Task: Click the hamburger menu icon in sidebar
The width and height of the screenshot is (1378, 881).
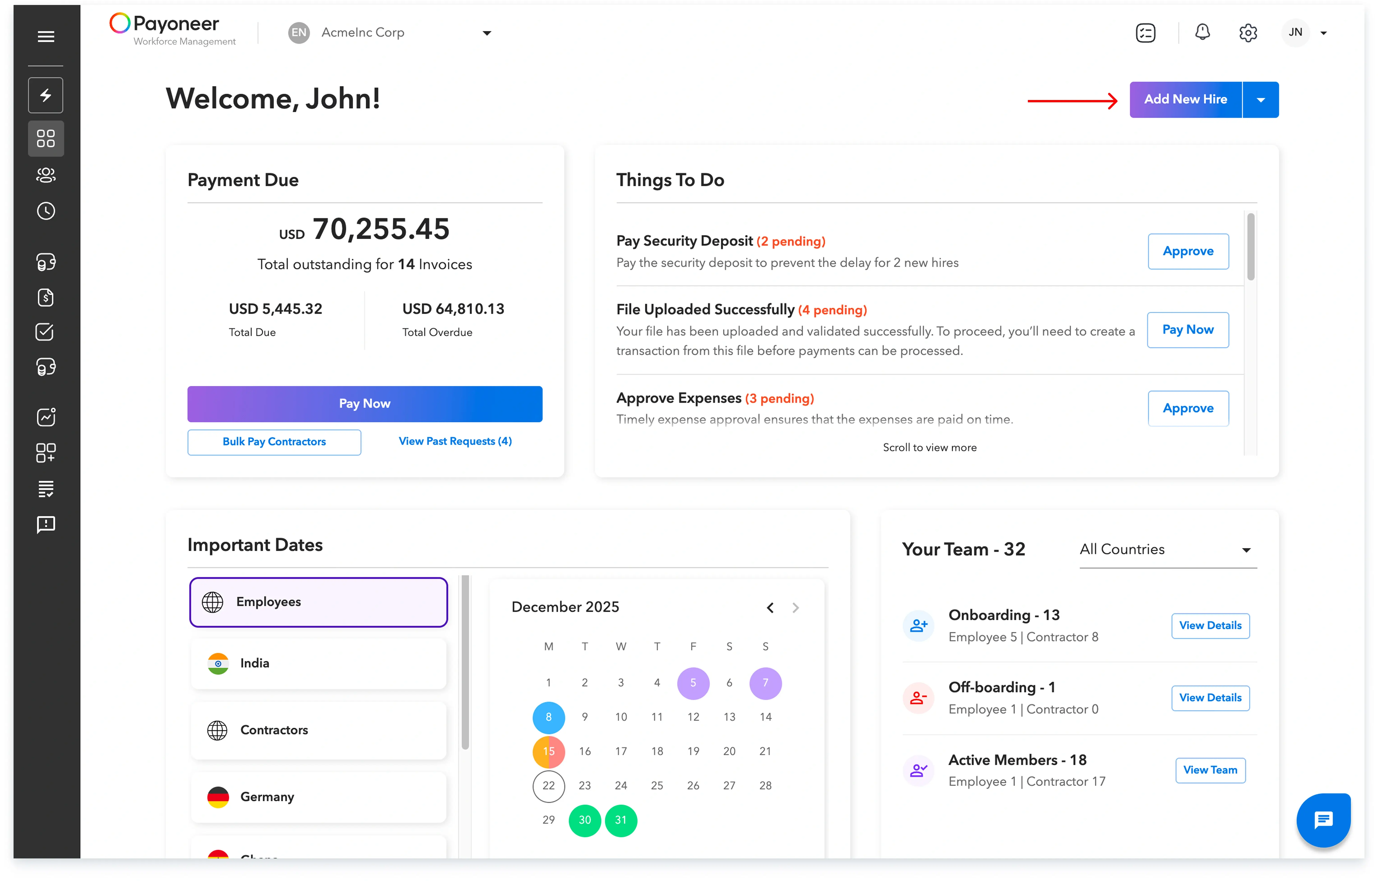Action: [x=46, y=37]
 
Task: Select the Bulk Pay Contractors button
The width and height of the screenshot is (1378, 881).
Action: [x=274, y=442]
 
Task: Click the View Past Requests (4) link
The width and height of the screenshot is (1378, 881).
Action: [x=455, y=441]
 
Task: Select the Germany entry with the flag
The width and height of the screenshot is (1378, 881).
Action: [x=318, y=797]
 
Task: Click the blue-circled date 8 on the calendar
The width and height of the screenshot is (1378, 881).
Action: [x=548, y=717]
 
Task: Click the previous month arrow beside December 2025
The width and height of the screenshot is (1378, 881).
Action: [x=770, y=608]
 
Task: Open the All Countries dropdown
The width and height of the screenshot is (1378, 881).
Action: [x=1167, y=550]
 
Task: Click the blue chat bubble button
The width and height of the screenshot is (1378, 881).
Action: [x=1323, y=820]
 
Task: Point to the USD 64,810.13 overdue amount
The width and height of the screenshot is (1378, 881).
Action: [x=453, y=309]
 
